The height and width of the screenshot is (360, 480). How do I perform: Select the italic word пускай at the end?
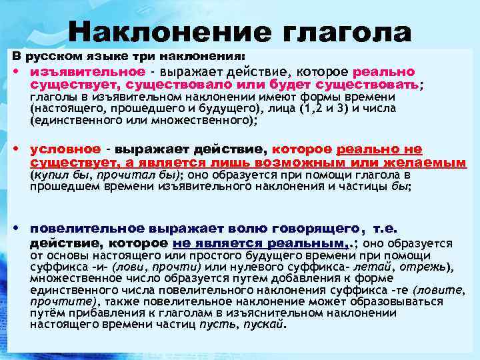(x=265, y=325)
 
